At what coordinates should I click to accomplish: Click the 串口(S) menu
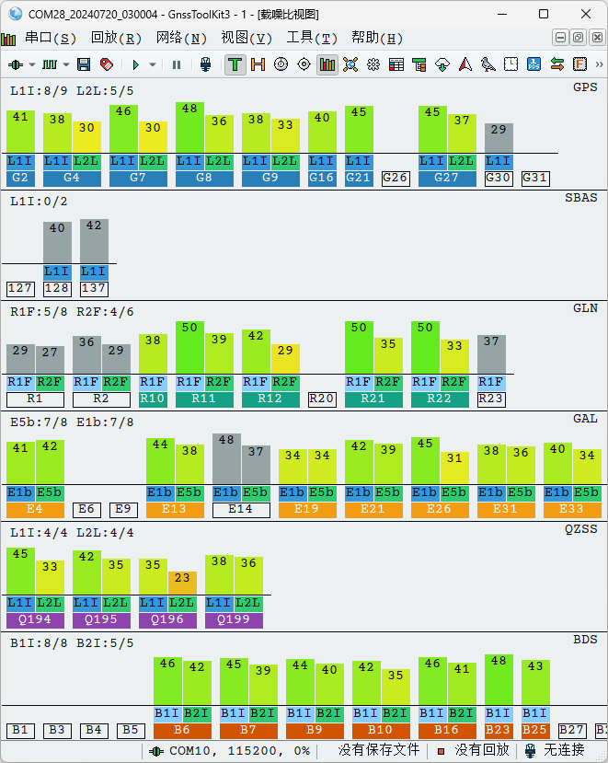click(x=51, y=38)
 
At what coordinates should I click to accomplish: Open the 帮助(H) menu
click(x=377, y=38)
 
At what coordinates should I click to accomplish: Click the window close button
click(x=586, y=14)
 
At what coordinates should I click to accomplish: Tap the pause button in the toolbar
click(x=177, y=64)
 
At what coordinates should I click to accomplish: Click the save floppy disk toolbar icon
click(x=84, y=64)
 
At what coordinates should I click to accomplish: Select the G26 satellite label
click(x=396, y=178)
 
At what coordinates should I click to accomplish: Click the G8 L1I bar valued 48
click(x=189, y=127)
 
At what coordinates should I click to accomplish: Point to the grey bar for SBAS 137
click(x=94, y=240)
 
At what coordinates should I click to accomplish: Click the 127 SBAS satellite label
click(x=20, y=288)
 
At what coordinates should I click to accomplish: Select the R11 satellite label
click(x=204, y=399)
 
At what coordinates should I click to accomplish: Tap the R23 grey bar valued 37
click(x=491, y=354)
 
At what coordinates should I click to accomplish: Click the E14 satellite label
click(x=241, y=509)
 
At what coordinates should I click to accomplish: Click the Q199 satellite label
click(x=234, y=619)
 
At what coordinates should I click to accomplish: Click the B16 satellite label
click(x=447, y=730)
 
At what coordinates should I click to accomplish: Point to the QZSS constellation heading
click(x=580, y=528)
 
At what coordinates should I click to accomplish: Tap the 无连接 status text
click(x=564, y=750)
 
